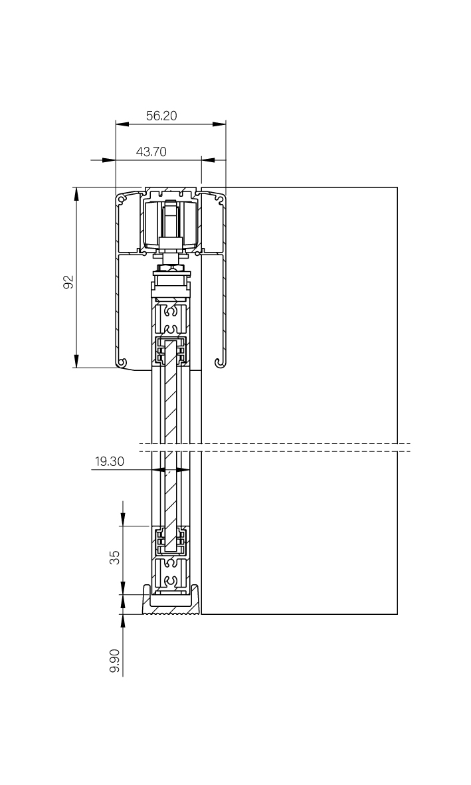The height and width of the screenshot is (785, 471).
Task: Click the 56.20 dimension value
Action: click(x=161, y=116)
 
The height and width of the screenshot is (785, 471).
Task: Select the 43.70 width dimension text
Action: click(x=151, y=152)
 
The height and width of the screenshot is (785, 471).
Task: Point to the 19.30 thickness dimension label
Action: click(x=110, y=461)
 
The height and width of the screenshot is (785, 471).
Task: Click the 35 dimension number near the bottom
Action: click(x=115, y=557)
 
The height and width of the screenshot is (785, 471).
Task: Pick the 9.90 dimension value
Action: click(x=115, y=661)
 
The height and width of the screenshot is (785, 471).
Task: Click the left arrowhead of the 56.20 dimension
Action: click(x=122, y=124)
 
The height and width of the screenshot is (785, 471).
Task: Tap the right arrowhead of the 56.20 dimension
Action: click(x=219, y=124)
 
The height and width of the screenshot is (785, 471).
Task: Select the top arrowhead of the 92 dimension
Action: click(x=76, y=194)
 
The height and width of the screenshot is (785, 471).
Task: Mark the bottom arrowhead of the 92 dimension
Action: click(x=76, y=361)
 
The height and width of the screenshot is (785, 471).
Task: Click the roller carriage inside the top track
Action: click(x=171, y=225)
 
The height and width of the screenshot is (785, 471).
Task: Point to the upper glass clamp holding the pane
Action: click(x=171, y=351)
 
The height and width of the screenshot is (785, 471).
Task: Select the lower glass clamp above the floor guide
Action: click(x=171, y=540)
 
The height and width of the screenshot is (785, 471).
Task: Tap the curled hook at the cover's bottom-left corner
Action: click(x=121, y=362)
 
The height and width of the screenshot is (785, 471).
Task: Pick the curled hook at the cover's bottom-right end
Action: click(x=221, y=362)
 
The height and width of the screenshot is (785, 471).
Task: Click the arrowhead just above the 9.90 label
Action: click(x=123, y=621)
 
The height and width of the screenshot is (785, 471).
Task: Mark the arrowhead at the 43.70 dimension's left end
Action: click(x=109, y=160)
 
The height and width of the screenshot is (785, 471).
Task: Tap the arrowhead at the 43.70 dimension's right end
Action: click(x=208, y=160)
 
